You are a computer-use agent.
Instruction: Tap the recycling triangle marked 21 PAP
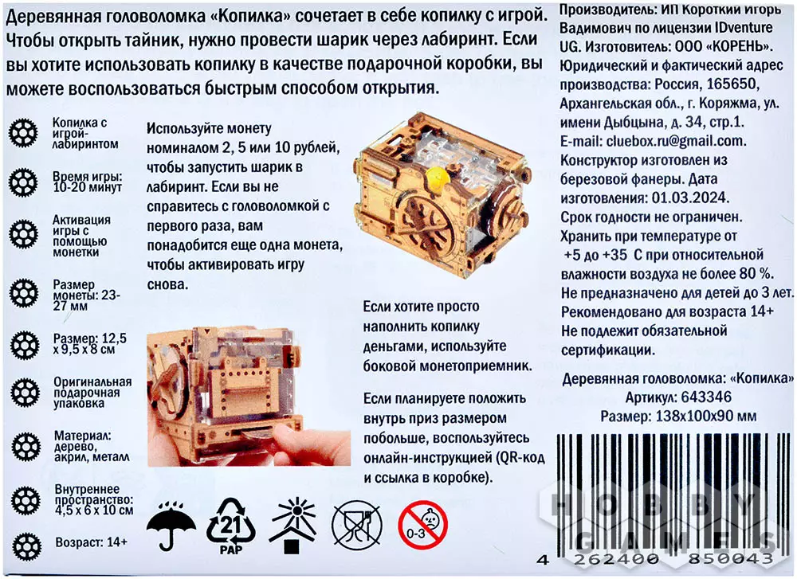click(231, 526)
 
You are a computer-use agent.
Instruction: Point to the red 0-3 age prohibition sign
click(423, 525)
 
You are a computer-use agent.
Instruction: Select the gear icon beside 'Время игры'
click(23, 183)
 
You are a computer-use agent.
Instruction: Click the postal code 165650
click(732, 84)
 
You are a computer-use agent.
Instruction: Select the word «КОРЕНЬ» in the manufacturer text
click(739, 46)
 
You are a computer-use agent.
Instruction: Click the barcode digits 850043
click(730, 558)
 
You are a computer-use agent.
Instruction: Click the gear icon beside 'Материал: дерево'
click(26, 447)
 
